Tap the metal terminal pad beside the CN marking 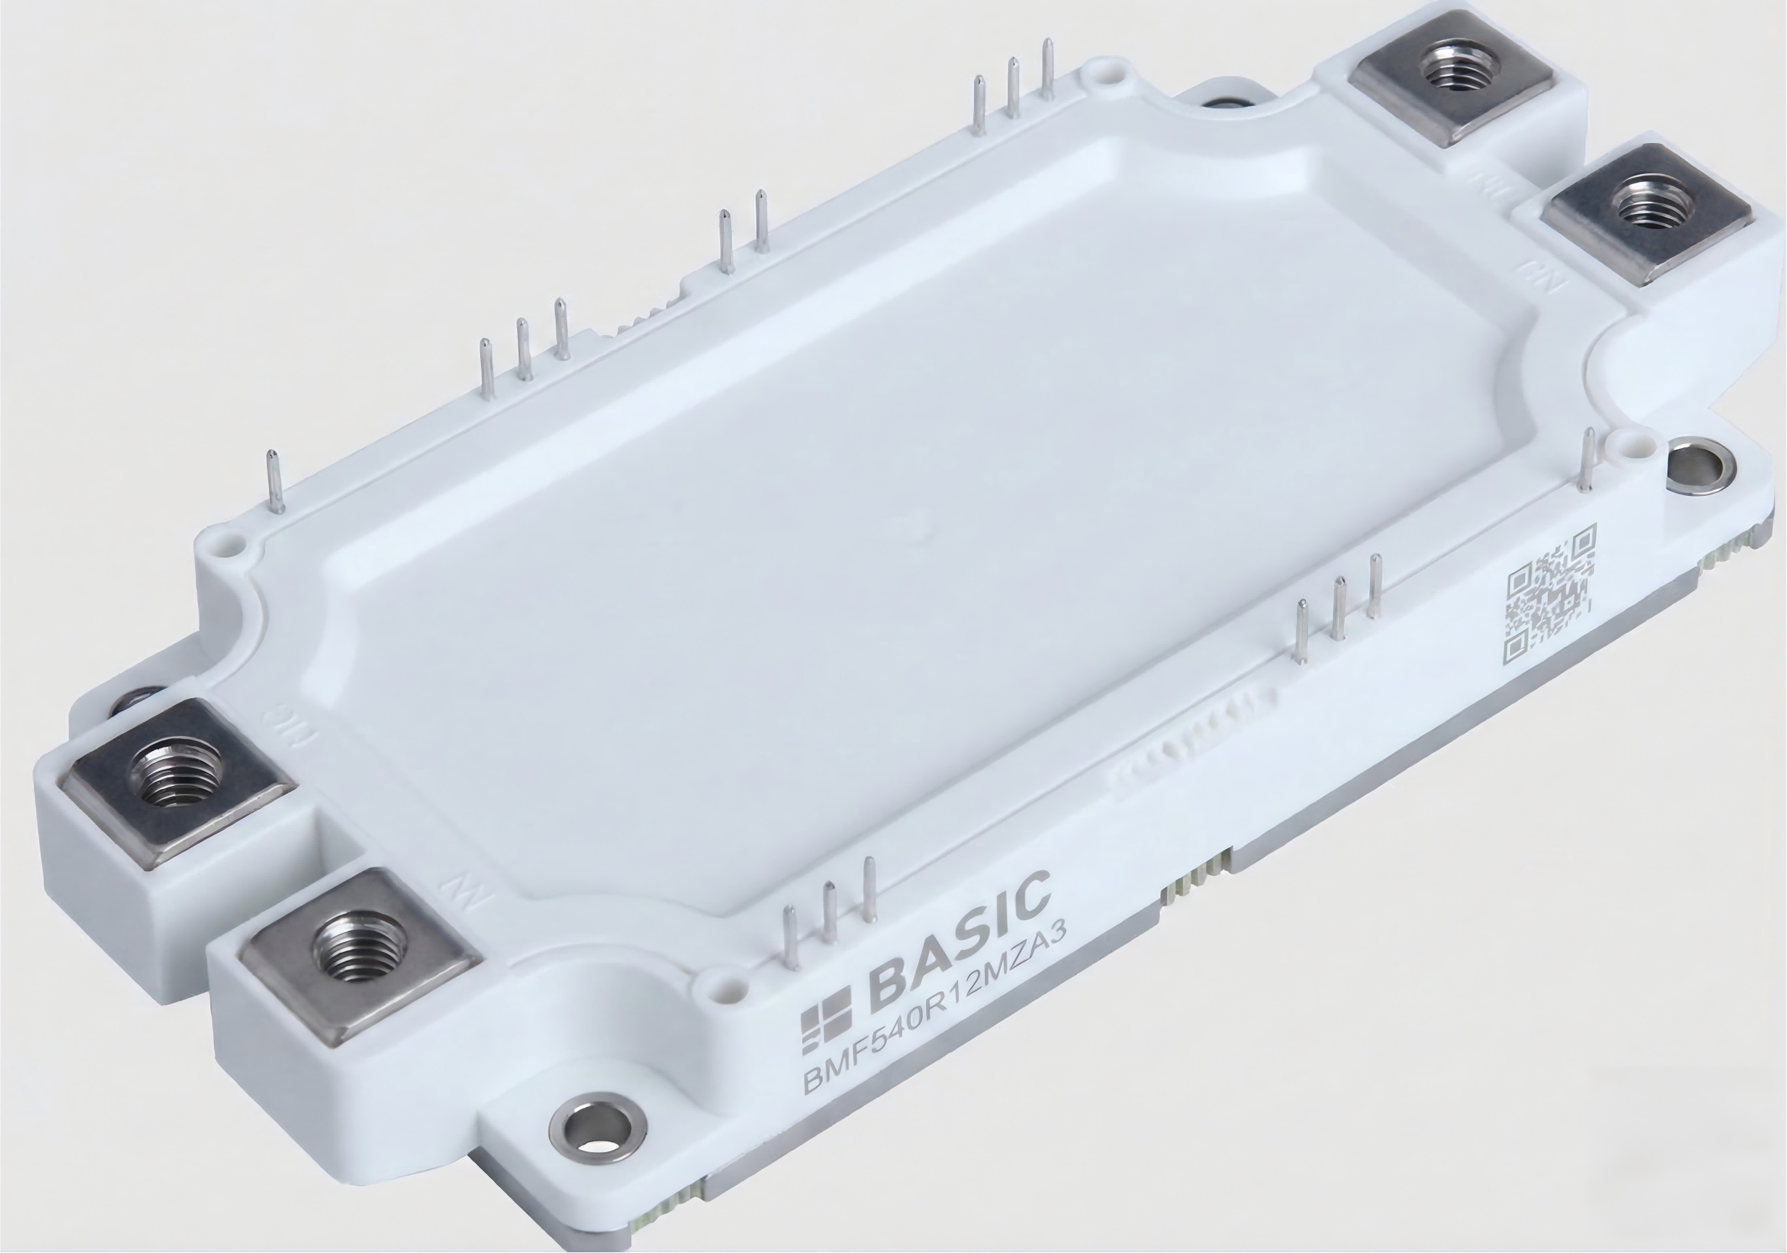point(1650,210)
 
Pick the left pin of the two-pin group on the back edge point(725,241)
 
